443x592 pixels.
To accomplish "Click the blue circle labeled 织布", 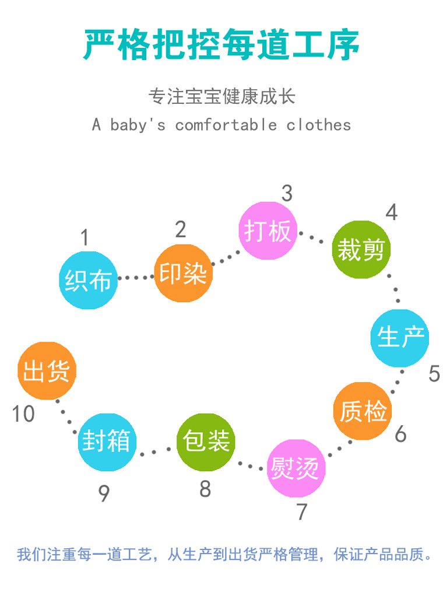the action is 89,280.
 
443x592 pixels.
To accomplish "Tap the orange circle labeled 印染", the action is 183,273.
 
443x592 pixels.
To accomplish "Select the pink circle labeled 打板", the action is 268,231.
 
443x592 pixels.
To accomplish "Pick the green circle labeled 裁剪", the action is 361,250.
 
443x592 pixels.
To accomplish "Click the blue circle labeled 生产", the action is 400,338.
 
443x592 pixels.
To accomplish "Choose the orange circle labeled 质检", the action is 363,411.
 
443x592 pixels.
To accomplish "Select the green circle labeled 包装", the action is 205,442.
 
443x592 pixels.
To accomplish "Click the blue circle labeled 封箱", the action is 107,442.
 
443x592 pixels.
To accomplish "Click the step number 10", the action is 23,414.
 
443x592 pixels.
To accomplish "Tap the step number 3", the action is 287,194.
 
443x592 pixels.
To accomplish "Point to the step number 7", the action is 301,512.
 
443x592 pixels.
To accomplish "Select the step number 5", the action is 434,373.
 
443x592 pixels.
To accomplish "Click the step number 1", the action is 85,238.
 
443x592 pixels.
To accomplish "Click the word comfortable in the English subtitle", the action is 226,125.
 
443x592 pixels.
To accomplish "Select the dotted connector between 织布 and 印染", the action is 136,278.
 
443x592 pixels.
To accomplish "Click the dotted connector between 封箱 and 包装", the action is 156,450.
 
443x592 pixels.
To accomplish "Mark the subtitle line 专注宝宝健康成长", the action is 221,96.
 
